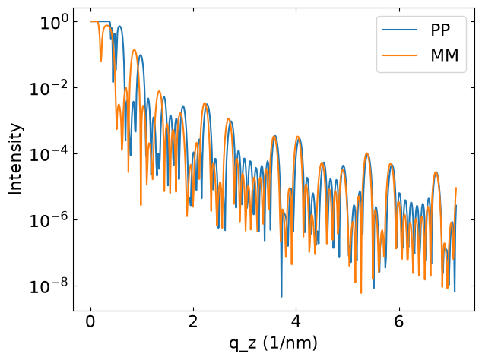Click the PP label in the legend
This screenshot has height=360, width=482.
pos(440,30)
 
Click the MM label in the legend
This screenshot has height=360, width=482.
pos(445,55)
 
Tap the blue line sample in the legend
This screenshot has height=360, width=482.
pos(400,30)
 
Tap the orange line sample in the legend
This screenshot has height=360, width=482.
pos(400,55)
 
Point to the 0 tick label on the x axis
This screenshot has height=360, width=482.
pos(90,322)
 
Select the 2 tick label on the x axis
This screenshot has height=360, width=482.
pos(193,322)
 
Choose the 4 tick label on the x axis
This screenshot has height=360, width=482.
pos(296,322)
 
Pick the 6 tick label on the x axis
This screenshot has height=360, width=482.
pos(398,322)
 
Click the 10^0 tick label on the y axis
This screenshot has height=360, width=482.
pos(54,23)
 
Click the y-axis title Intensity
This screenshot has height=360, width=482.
pos(15,159)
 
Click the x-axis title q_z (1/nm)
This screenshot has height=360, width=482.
pos(273,343)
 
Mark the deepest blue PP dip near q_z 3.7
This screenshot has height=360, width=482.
pos(281,297)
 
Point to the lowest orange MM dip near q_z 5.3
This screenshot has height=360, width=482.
pos(361,293)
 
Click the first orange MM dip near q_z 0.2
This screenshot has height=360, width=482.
pos(100,62)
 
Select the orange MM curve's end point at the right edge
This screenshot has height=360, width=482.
pos(456,188)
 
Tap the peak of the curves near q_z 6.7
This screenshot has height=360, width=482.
pos(436,172)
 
